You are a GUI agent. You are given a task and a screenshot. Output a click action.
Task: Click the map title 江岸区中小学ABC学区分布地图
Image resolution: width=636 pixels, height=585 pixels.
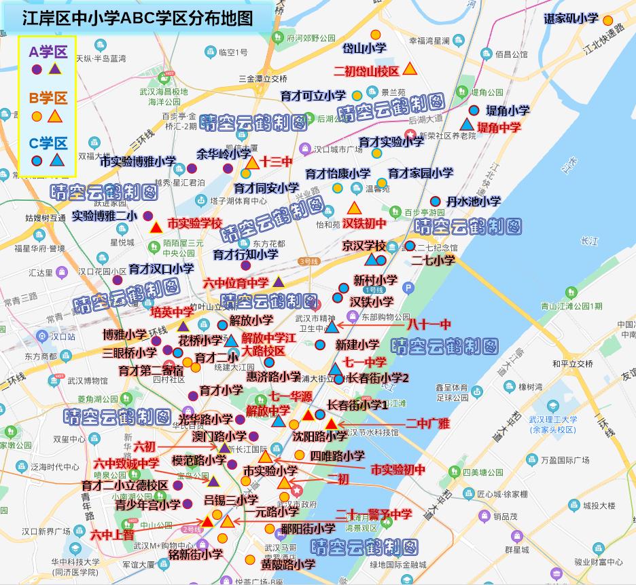pyautogui.click(x=138, y=18)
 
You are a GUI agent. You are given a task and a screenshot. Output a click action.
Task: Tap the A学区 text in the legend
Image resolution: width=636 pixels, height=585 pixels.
pyautogui.click(x=48, y=52)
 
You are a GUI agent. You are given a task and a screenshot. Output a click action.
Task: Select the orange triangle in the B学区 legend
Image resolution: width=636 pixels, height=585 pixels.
pyautogui.click(x=55, y=117)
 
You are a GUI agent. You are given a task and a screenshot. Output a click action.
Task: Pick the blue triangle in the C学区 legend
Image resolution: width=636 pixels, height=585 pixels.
pyautogui.click(x=56, y=161)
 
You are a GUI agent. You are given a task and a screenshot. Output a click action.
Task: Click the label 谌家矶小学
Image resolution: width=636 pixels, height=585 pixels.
pyautogui.click(x=571, y=19)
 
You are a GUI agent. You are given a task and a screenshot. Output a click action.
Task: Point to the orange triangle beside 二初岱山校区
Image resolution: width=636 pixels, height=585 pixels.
pyautogui.click(x=409, y=69)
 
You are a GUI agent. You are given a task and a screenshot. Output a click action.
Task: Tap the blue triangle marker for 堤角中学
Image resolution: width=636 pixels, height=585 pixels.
pyautogui.click(x=466, y=125)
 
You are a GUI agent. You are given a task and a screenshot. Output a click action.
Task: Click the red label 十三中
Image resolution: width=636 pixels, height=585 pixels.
pyautogui.click(x=276, y=162)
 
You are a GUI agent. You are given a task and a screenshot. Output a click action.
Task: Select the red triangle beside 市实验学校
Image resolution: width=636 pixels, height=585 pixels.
pyautogui.click(x=155, y=227)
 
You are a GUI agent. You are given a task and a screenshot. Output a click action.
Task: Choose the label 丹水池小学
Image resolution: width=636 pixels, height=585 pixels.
pyautogui.click(x=474, y=201)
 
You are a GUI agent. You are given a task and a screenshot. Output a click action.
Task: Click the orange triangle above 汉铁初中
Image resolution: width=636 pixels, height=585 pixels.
pyautogui.click(x=354, y=208)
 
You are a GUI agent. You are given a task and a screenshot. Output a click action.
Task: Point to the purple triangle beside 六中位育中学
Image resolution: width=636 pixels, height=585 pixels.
pyautogui.click(x=279, y=282)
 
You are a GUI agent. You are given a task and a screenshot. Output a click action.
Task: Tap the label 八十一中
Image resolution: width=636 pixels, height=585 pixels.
pyautogui.click(x=428, y=325)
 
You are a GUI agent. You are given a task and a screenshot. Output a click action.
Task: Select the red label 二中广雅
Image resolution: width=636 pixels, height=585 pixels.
pyautogui.click(x=427, y=423)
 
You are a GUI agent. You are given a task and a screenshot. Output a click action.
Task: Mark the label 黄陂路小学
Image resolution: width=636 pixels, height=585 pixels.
pyautogui.click(x=288, y=563)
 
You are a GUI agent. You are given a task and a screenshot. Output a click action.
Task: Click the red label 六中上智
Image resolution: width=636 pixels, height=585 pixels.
pyautogui.click(x=112, y=534)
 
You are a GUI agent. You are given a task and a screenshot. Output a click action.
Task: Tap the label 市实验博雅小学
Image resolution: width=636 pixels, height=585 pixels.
pyautogui.click(x=138, y=162)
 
